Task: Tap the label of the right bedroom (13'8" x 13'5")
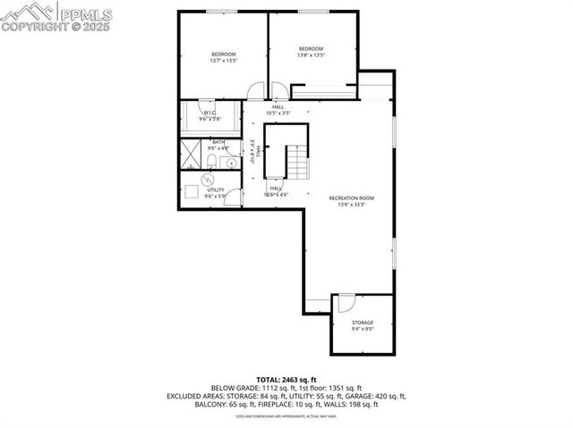(x=311, y=52)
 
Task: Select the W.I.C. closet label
(x=208, y=115)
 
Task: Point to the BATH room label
(x=218, y=145)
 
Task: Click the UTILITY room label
(x=215, y=192)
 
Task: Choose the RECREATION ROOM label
(x=351, y=201)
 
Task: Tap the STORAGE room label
(x=362, y=325)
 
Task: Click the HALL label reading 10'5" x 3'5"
(x=279, y=110)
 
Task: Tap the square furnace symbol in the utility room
(x=192, y=191)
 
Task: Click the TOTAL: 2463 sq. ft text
(x=286, y=379)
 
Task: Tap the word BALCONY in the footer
(x=210, y=404)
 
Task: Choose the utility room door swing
(x=232, y=196)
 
